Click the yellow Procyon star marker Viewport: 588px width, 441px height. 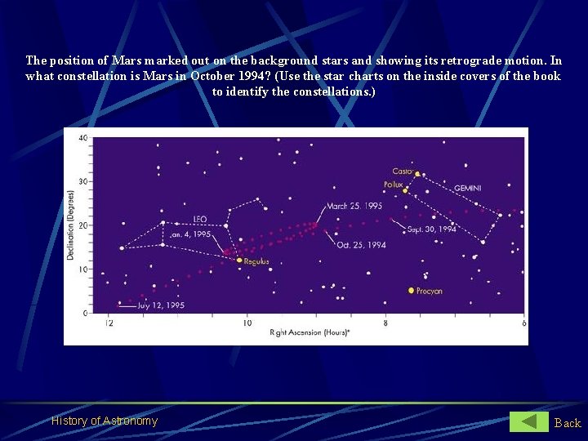coord(411,290)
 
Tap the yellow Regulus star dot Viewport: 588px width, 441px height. coord(239,261)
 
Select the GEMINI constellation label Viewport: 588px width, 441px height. coord(467,188)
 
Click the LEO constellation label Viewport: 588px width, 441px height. coord(201,219)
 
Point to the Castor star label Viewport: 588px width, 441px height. coord(402,171)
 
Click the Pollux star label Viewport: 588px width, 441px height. coord(394,185)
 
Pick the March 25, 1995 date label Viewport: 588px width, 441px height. coord(354,207)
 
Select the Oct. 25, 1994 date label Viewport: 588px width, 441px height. coord(360,244)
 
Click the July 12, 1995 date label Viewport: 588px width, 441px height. coord(161,305)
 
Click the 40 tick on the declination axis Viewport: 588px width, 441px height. coord(82,138)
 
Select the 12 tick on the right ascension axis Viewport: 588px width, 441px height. coord(109,324)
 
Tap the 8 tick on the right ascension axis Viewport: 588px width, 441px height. coord(385,324)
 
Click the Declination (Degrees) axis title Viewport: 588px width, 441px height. coord(72,225)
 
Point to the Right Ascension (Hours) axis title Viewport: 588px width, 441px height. coord(310,333)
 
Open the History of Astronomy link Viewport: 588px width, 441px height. coord(105,421)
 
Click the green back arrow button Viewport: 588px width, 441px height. coord(529,421)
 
